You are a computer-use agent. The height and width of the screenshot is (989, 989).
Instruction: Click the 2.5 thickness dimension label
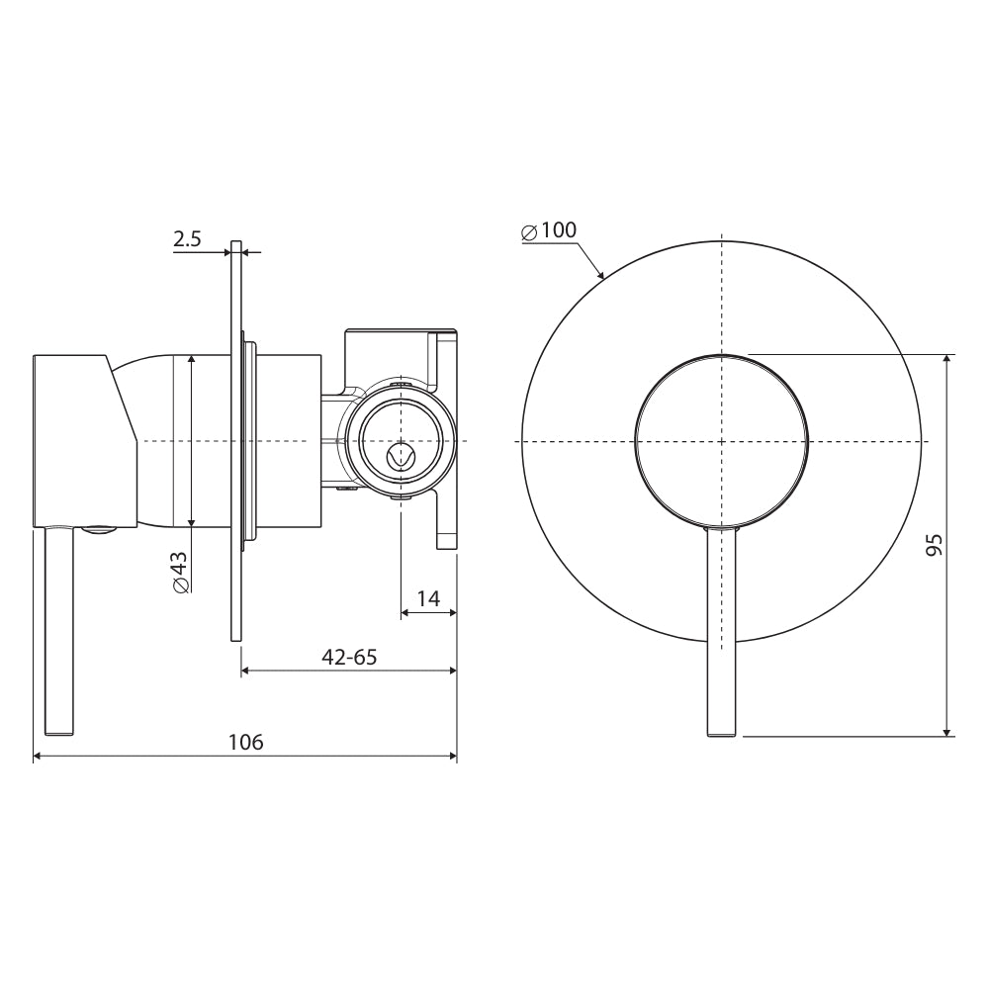coord(187,238)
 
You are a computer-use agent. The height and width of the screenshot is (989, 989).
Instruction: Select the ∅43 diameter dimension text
coord(180,572)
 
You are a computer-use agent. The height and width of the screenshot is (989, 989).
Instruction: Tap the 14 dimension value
coord(427,598)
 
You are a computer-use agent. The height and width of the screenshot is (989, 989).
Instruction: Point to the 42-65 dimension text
coord(347,656)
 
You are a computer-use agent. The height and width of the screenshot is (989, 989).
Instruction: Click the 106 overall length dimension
coord(245,742)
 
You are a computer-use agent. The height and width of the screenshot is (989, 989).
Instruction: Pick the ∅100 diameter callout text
coord(548,231)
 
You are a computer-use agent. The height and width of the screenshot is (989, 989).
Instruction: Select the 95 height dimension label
coord(934,545)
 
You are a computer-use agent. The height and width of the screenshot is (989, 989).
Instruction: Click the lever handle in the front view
coord(722,633)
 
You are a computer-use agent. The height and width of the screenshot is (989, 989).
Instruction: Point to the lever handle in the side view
coord(60,633)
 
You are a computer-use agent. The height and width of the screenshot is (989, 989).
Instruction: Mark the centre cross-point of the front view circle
coord(722,440)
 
